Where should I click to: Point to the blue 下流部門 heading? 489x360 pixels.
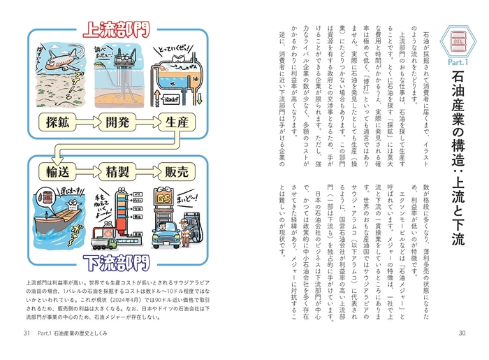pos(115,263)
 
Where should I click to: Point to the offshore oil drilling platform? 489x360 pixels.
pos(115,66)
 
